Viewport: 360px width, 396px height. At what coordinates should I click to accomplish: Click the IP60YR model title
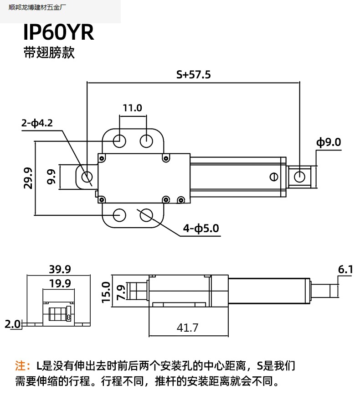58,32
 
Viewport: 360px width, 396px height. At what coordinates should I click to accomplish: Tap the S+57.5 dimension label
193,75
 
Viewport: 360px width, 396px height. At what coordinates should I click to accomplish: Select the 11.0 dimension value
133,108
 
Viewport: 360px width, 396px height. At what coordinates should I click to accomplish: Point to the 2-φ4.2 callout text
37,123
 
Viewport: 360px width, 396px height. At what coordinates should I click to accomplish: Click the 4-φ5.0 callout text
201,228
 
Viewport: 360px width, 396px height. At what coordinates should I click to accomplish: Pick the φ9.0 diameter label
329,142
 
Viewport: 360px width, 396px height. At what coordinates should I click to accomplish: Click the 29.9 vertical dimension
28,178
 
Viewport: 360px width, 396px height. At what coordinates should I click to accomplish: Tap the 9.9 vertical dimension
51,177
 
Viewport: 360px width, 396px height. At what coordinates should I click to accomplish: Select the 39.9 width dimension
60,269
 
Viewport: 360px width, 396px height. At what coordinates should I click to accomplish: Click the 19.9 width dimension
60,283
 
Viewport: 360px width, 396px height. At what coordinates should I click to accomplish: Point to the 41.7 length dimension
187,328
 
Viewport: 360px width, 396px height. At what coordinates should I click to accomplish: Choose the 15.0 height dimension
106,292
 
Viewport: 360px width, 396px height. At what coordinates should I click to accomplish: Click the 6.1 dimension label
345,270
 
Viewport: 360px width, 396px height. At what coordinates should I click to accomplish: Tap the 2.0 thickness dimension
13,324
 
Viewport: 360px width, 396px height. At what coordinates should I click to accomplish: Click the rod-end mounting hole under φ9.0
299,177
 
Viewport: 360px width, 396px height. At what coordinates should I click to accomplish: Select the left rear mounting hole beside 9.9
87,177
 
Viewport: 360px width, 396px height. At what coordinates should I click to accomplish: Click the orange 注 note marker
20,366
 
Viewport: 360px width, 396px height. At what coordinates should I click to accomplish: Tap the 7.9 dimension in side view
121,292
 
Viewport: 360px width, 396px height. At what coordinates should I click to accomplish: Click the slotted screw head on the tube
274,177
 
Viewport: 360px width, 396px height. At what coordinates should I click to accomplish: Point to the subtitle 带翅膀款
49,52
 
